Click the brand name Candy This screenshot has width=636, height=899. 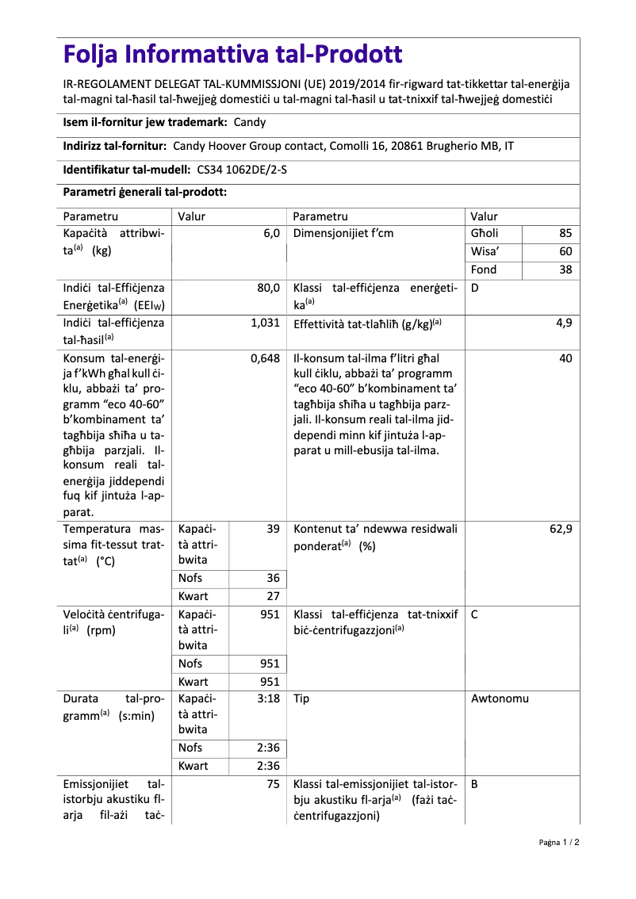[250, 122]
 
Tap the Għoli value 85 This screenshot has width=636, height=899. [565, 234]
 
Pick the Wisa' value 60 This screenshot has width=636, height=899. [565, 252]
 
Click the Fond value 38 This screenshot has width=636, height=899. [565, 270]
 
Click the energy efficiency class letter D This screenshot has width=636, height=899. [474, 289]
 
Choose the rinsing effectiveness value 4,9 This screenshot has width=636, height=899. [564, 323]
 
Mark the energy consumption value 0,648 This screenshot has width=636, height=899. [265, 358]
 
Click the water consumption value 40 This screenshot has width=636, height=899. [565, 358]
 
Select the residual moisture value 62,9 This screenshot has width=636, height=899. [561, 529]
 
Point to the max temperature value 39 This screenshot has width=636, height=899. [273, 529]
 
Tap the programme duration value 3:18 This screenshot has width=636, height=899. [269, 699]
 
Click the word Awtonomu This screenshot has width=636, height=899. [500, 699]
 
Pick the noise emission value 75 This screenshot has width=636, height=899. [273, 785]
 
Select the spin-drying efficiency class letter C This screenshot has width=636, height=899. [474, 614]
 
